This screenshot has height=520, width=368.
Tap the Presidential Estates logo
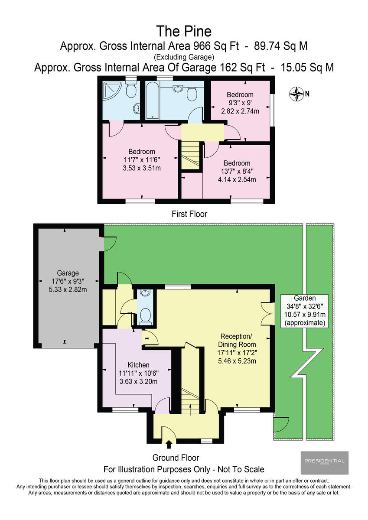pyautogui.click(x=324, y=462)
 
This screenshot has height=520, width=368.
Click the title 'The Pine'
pyautogui.click(x=184, y=31)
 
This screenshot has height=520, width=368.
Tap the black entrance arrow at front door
pyautogui.click(x=169, y=444)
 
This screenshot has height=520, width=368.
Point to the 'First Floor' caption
pyautogui.click(x=189, y=214)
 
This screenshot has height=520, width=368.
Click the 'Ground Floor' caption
pyautogui.click(x=176, y=458)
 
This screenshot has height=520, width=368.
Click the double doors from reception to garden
pyautogui.click(x=267, y=313)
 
